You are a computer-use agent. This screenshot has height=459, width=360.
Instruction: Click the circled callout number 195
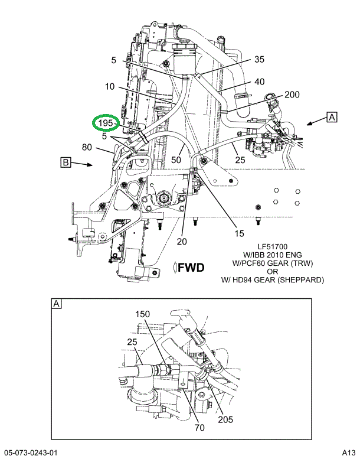[105, 123]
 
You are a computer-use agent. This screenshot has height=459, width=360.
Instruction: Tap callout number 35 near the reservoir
[259, 60]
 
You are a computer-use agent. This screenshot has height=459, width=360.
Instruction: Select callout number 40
[260, 82]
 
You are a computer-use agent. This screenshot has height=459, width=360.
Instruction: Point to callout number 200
[292, 95]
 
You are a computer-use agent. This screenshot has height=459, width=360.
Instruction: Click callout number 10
[110, 87]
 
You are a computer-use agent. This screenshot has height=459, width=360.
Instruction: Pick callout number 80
[87, 147]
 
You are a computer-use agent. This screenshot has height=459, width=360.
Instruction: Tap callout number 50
[176, 160]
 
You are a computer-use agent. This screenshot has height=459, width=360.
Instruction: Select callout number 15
[239, 233]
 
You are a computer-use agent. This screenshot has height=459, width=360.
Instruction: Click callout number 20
[182, 242]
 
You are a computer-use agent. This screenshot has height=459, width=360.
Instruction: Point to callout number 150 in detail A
[142, 314]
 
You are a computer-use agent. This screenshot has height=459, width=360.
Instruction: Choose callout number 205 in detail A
[225, 419]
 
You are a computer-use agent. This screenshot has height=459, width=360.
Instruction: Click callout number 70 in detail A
[199, 428]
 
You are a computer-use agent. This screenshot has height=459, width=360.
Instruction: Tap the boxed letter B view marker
[66, 162]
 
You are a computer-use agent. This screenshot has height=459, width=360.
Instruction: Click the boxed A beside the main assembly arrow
[332, 117]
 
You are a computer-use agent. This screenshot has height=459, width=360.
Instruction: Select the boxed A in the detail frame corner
[57, 304]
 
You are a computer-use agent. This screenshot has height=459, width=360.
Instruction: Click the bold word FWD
[191, 268]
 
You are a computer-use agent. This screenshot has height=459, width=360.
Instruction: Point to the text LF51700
[273, 247]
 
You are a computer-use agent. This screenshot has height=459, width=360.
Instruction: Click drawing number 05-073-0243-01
[31, 453]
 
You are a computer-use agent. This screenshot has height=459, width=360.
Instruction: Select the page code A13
[349, 453]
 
